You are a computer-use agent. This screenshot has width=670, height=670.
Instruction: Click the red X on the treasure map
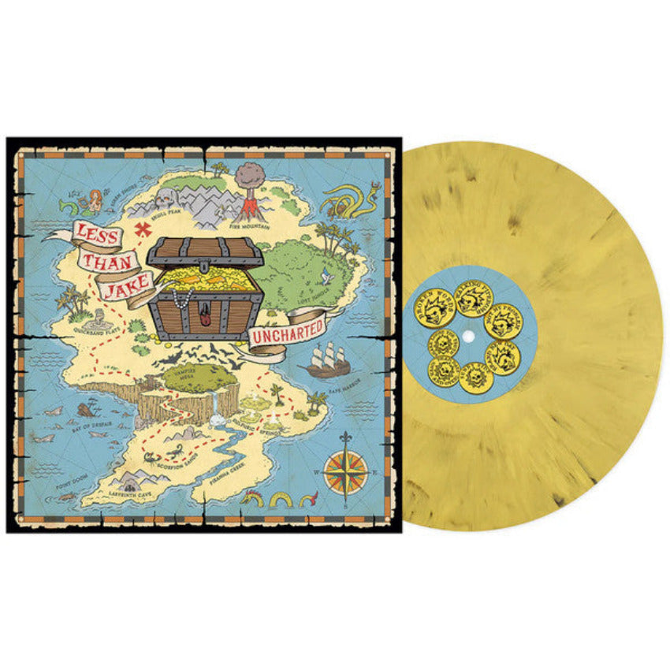(143, 229)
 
